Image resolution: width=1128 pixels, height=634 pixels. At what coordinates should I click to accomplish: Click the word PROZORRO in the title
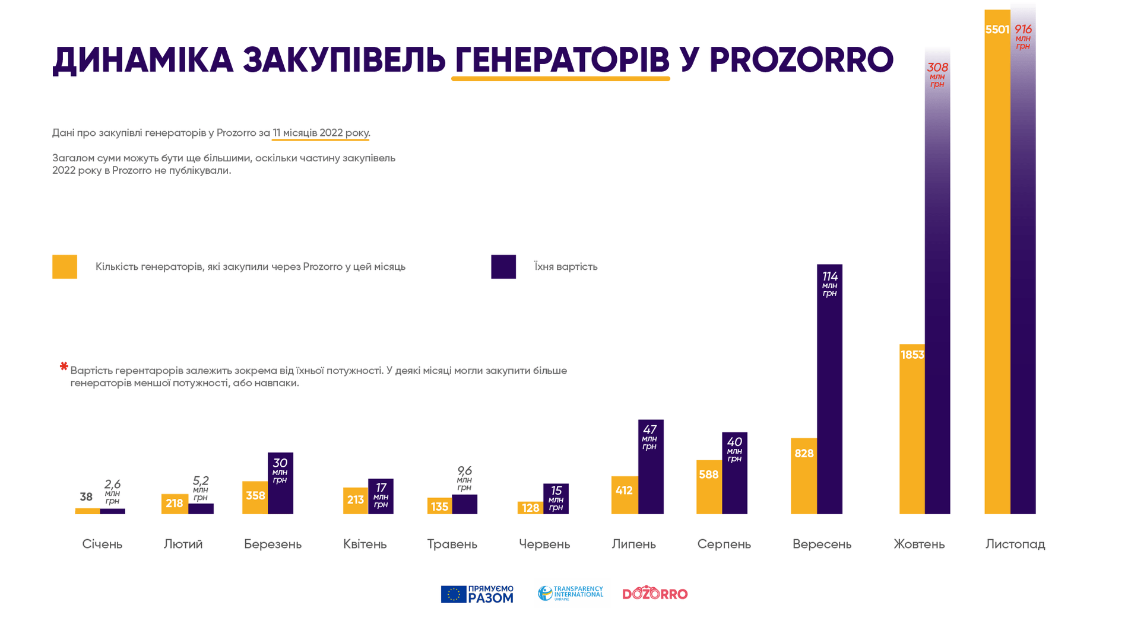pyautogui.click(x=801, y=60)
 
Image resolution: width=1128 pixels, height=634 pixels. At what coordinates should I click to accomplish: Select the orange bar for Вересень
pyautogui.click(x=804, y=476)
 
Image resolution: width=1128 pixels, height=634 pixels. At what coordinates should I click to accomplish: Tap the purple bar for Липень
pyautogui.click(x=651, y=467)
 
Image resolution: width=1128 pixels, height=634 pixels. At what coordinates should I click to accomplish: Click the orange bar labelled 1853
pyautogui.click(x=912, y=429)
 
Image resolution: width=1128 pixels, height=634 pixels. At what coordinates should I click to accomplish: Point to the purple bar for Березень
pyautogui.click(x=280, y=483)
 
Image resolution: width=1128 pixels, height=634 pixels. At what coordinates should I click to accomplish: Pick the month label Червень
pyautogui.click(x=544, y=544)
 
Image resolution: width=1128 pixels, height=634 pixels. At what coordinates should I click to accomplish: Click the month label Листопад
pyautogui.click(x=1015, y=544)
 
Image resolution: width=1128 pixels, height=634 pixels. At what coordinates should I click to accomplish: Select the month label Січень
pyautogui.click(x=102, y=544)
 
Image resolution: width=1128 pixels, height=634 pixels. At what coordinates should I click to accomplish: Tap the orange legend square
pyautogui.click(x=65, y=267)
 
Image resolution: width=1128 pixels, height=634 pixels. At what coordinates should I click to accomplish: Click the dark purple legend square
pyautogui.click(x=503, y=267)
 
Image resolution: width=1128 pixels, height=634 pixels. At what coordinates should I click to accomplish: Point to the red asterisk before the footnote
pyautogui.click(x=64, y=367)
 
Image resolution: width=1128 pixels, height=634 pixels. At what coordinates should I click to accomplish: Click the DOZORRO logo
pyautogui.click(x=655, y=593)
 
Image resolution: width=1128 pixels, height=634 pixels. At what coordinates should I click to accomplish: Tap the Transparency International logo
pyautogui.click(x=571, y=593)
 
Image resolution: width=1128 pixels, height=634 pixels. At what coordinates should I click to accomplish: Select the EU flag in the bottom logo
pyautogui.click(x=454, y=594)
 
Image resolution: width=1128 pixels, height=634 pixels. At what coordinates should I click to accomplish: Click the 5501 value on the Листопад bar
pyautogui.click(x=997, y=30)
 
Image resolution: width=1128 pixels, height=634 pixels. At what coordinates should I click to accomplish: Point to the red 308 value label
pyautogui.click(x=937, y=68)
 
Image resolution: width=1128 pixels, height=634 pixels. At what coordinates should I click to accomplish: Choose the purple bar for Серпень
pyautogui.click(x=734, y=473)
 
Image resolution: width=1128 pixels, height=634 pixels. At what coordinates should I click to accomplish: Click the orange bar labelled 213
pyautogui.click(x=356, y=501)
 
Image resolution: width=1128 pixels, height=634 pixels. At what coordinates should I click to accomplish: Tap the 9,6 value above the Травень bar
pyautogui.click(x=464, y=471)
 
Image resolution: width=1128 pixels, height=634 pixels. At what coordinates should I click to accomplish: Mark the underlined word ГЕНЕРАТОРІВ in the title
pyautogui.click(x=561, y=60)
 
